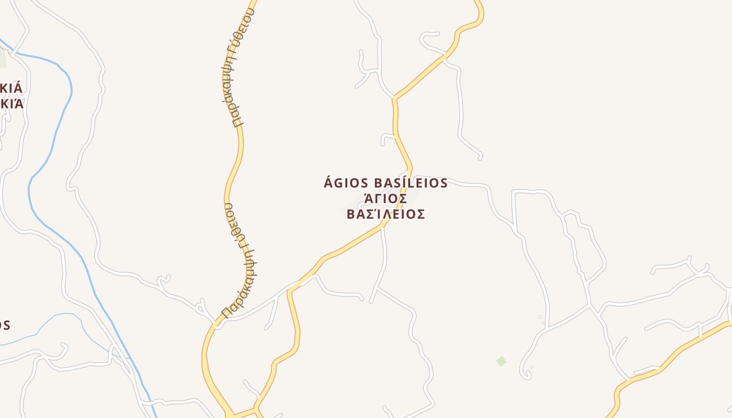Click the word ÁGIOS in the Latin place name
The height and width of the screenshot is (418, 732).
(x=347, y=183)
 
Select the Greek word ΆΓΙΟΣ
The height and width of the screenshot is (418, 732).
(x=385, y=199)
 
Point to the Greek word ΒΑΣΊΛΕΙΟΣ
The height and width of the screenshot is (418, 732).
(x=385, y=214)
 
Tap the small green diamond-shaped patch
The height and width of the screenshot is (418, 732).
(x=501, y=361)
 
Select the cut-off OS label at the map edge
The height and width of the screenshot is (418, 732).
(x=4, y=326)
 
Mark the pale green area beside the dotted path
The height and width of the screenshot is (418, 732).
(x=3, y=59)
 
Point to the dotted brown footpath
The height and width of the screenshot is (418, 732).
(x=5, y=49)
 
